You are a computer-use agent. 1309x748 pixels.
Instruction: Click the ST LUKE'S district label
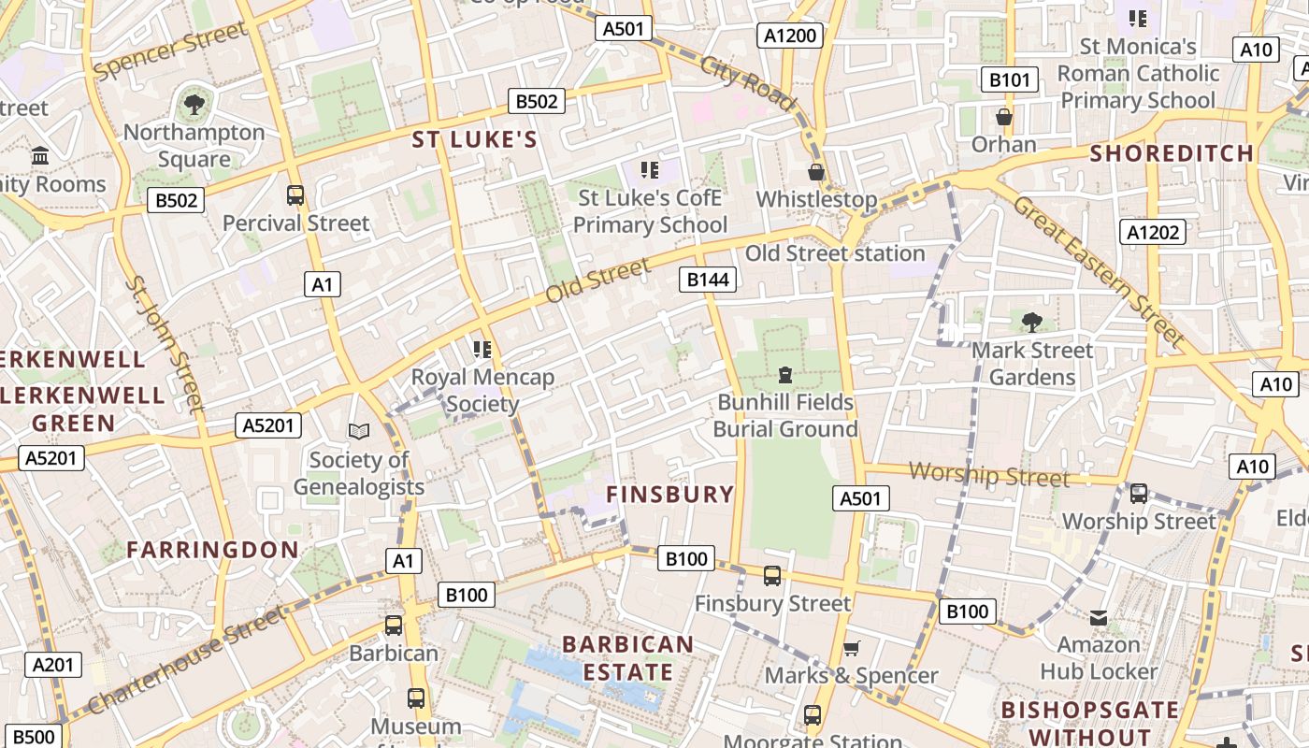[x=475, y=140]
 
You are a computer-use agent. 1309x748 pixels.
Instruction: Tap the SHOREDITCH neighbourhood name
[x=1172, y=153]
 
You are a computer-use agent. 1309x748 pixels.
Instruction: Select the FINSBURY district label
[x=670, y=494]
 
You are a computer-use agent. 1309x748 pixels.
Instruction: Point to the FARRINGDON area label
[x=213, y=549]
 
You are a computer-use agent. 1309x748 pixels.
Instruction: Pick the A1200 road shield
[x=790, y=36]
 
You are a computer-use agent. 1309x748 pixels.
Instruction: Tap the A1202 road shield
[x=1153, y=232]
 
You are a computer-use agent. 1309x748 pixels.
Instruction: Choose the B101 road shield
[x=1010, y=79]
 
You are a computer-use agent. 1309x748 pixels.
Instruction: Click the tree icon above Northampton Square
[x=194, y=104]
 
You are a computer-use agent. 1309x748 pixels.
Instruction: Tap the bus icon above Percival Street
[x=295, y=195]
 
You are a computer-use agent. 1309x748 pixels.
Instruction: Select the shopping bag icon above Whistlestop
[x=816, y=172]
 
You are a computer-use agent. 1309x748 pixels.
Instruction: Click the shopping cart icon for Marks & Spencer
[x=851, y=648]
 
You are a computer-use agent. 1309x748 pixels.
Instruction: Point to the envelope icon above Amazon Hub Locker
[x=1099, y=617]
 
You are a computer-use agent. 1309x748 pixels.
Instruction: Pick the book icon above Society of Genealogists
[x=359, y=431]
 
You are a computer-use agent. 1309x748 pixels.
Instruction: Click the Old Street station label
[x=835, y=253]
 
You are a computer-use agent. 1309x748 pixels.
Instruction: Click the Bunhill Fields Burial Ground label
[x=785, y=415]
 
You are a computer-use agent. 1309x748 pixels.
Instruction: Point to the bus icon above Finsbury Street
[x=772, y=576]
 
